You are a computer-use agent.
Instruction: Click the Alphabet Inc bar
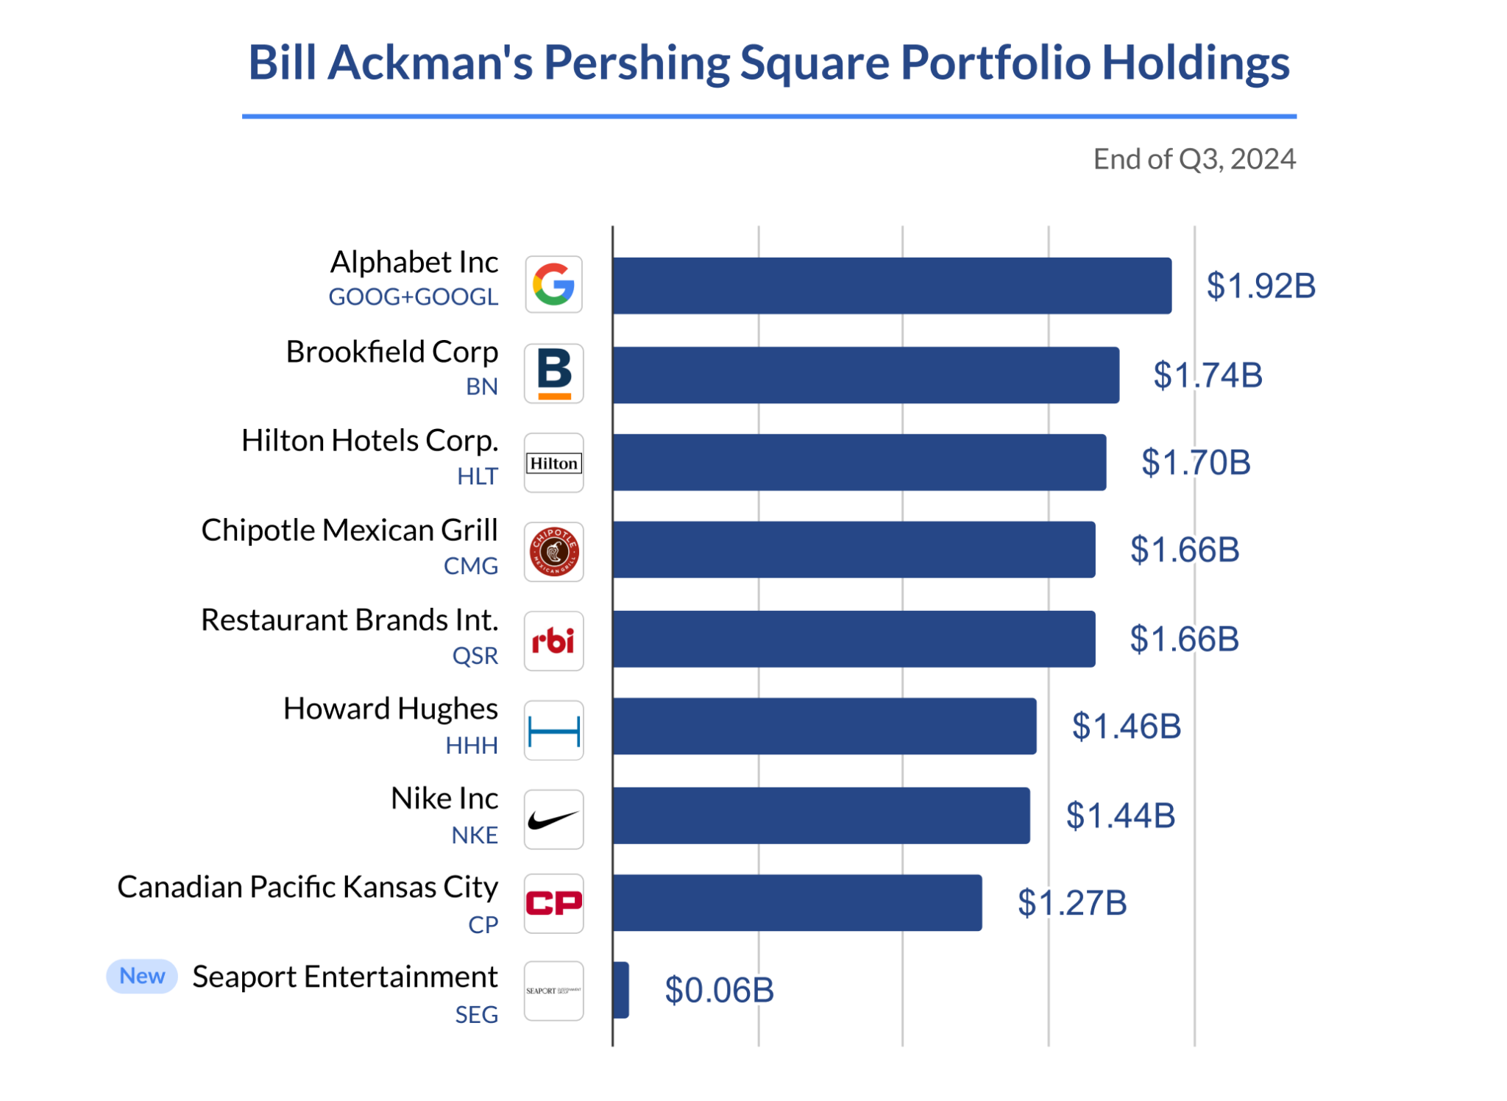tap(891, 286)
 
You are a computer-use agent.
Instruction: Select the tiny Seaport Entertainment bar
tap(621, 990)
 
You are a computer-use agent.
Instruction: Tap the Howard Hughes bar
tap(824, 726)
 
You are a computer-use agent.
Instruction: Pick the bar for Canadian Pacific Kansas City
tap(797, 902)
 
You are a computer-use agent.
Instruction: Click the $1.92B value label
tap(1260, 286)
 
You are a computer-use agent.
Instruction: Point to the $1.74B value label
tap(1207, 375)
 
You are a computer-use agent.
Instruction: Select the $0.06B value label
tap(719, 990)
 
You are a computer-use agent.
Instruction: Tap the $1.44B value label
tap(1120, 815)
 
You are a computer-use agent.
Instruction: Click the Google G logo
tap(553, 285)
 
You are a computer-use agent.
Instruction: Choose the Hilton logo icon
tap(553, 463)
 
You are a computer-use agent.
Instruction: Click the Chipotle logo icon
tap(553, 552)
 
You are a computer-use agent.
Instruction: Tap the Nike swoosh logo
tap(553, 819)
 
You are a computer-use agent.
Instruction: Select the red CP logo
tap(553, 903)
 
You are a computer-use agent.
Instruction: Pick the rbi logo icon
tap(553, 641)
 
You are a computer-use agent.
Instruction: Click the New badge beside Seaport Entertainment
tap(142, 976)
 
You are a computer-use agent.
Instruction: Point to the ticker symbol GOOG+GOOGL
tap(413, 297)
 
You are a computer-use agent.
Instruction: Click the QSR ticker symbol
tap(475, 656)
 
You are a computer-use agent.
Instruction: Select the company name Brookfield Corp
tap(391, 352)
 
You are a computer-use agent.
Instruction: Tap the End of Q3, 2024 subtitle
tap(1194, 159)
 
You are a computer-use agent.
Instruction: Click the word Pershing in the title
tap(636, 63)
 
